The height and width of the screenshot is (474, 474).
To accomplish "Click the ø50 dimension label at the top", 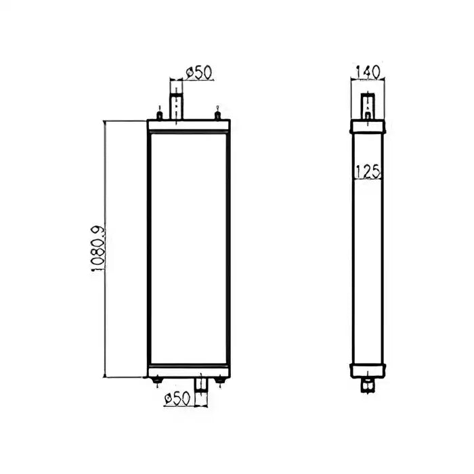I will (197, 72).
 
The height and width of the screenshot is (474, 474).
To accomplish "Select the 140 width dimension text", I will (368, 70).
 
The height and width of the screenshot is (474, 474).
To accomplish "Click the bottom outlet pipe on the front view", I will (201, 384).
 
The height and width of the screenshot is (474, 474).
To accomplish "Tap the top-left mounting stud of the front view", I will (158, 114).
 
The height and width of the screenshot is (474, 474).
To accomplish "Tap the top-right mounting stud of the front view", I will (217, 114).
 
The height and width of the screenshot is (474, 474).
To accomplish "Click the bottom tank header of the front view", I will (188, 371).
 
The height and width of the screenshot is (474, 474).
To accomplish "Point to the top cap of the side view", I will (368, 127).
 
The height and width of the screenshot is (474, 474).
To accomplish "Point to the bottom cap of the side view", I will (368, 370).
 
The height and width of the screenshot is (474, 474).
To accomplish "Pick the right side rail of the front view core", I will (228, 249).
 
